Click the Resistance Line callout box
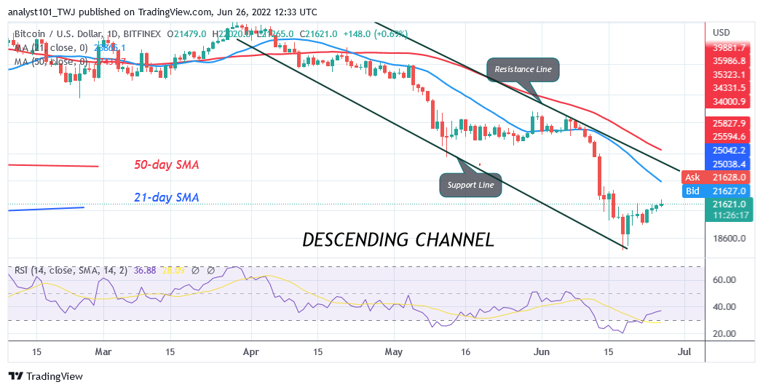[523, 70]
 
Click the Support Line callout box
[471, 185]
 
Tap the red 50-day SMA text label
[167, 165]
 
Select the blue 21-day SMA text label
[167, 197]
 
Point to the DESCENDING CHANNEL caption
[398, 239]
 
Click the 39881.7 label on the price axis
[730, 48]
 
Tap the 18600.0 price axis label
[730, 239]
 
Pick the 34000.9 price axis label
[730, 101]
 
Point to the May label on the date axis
[393, 352]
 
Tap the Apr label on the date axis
[250, 352]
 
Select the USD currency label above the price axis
[722, 33]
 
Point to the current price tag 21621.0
[730, 204]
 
